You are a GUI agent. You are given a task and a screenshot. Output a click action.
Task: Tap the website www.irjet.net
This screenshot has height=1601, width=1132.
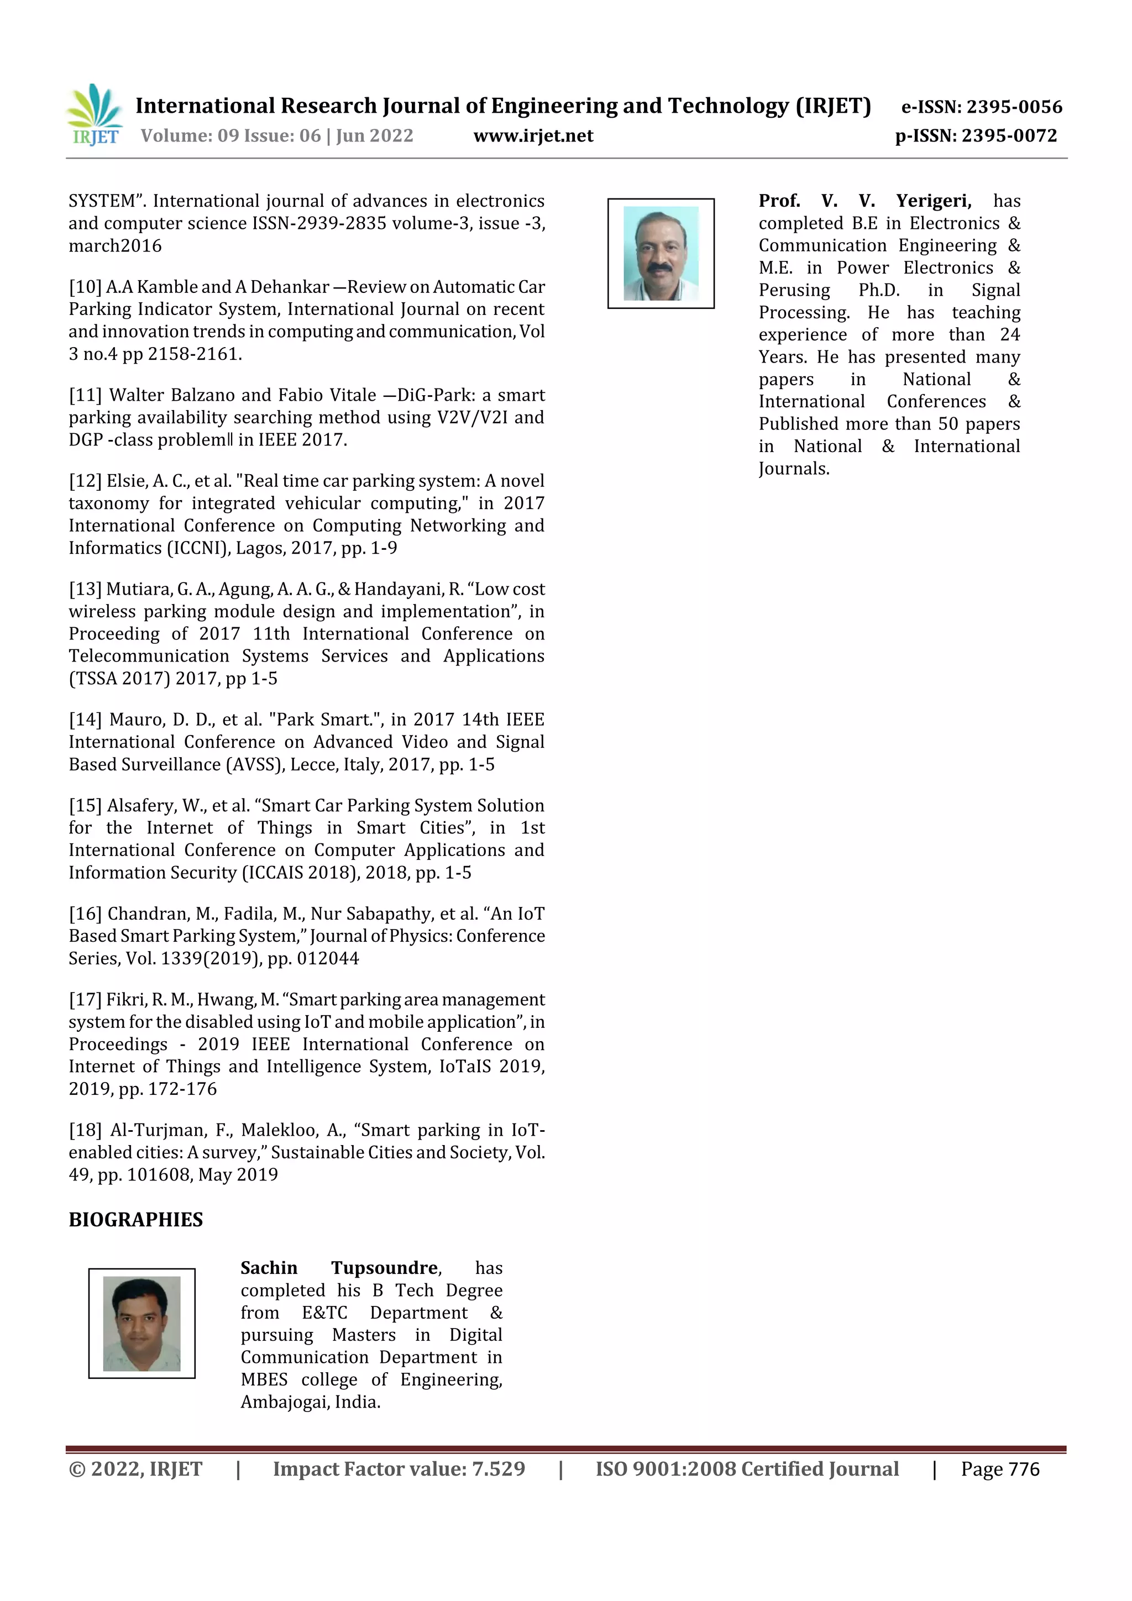point(533,136)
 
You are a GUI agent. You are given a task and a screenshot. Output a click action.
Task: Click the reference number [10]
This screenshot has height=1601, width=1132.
point(85,287)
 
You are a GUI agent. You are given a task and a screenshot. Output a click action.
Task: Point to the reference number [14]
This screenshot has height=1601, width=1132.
point(85,720)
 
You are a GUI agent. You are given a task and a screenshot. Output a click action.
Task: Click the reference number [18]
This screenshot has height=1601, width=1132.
point(85,1130)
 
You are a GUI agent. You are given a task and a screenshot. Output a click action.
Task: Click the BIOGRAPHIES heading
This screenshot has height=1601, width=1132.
point(136,1220)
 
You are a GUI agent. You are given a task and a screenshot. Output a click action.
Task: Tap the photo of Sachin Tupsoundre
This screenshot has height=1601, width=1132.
point(141,1324)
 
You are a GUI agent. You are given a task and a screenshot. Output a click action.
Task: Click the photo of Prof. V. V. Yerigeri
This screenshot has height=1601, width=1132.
point(661,253)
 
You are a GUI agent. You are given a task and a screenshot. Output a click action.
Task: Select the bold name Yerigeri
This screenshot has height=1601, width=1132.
point(933,201)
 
